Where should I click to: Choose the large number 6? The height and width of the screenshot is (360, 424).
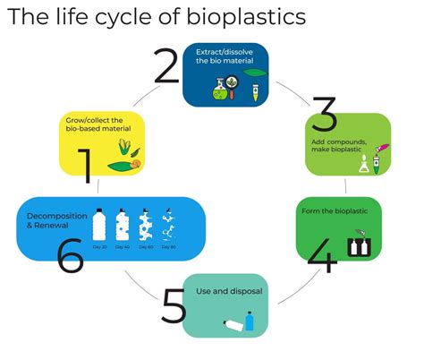point(69,254)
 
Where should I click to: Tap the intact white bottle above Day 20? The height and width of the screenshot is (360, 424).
point(100,224)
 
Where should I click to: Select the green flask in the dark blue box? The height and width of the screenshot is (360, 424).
point(219,87)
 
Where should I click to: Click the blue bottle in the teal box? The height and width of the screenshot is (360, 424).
point(250,320)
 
